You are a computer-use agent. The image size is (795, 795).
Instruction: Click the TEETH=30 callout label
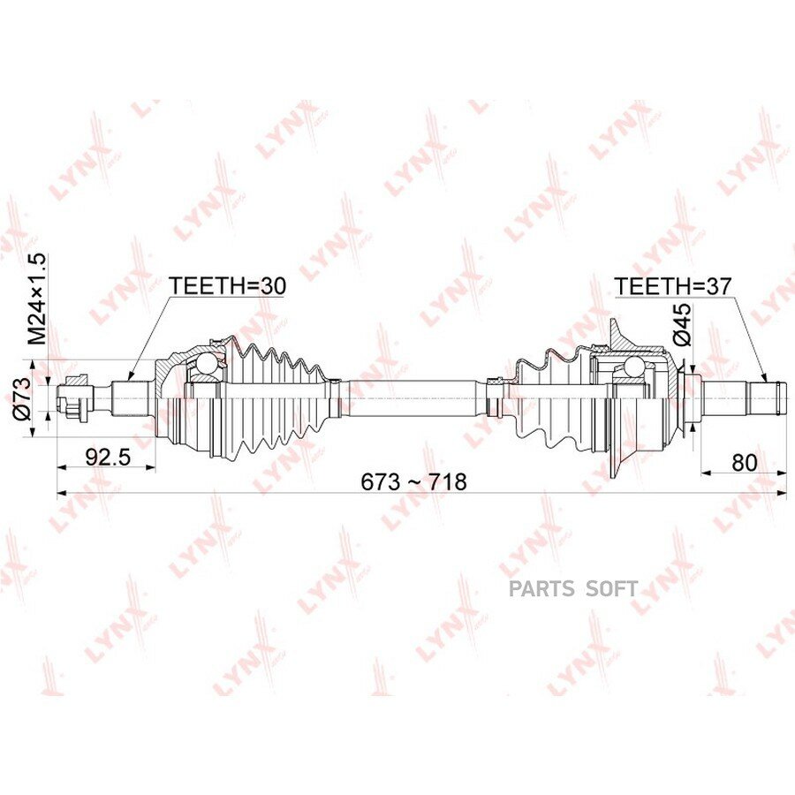pyautogui.click(x=227, y=286)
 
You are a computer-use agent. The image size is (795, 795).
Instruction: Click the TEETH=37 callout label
pyautogui.click(x=673, y=286)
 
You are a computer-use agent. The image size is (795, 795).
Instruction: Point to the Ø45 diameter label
pyautogui.click(x=682, y=324)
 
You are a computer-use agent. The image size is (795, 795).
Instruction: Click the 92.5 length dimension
pyautogui.click(x=108, y=458)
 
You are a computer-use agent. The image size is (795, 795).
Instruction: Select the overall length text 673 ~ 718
pyautogui.click(x=413, y=481)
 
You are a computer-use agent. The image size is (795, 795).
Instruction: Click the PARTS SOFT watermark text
pyautogui.click(x=573, y=588)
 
